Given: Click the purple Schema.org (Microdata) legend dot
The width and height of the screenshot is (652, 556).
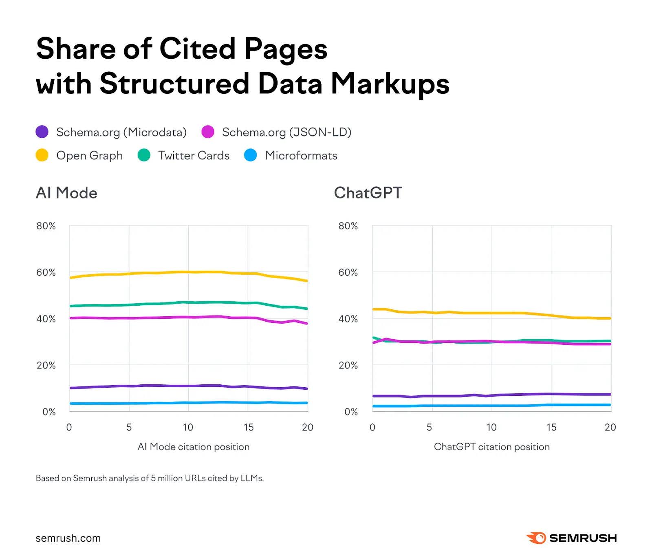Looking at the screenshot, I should tap(42, 132).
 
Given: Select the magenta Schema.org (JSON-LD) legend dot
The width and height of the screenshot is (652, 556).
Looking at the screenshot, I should tap(208, 132).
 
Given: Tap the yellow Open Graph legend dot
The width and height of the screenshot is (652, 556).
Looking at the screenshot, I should tap(42, 155).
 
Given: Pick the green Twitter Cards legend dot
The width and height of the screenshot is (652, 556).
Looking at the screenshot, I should tap(144, 155).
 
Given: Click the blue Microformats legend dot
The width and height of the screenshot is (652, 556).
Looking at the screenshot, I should tap(251, 155).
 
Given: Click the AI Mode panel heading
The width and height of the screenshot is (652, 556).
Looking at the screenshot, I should tap(66, 193).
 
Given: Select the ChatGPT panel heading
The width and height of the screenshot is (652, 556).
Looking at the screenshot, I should tap(368, 193).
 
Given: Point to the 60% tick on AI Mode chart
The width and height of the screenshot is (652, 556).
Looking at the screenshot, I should tap(46, 272).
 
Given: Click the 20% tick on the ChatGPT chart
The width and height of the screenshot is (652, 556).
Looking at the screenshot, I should tap(348, 365).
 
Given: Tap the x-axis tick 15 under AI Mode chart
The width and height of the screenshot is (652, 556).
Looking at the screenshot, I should tap(249, 427).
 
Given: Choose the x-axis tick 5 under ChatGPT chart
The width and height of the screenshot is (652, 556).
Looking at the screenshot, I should tap(429, 427).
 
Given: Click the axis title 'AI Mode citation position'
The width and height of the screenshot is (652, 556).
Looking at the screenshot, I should tap(194, 447).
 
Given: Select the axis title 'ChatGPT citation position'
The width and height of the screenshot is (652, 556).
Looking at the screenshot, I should tap(491, 447).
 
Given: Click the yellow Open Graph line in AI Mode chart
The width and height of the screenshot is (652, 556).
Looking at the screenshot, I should tap(163, 273).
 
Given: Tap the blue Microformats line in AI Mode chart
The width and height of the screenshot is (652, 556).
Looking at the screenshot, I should tap(163, 403).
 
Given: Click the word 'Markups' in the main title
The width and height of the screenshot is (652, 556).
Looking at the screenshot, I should tap(390, 84).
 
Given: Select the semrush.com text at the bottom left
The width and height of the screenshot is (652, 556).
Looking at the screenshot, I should tap(68, 538).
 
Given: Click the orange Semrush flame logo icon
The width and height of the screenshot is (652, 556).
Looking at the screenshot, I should tap(536, 538).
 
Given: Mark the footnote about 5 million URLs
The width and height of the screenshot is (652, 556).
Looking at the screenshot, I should tap(150, 478).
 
